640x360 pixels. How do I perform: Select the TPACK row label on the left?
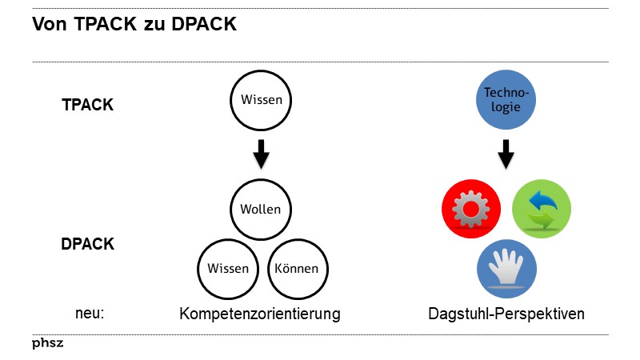point(88,105)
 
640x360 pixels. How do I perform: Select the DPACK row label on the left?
point(88,245)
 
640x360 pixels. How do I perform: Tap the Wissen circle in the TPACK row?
point(262,101)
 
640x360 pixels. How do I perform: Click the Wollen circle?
point(261,210)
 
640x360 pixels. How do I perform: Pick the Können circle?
point(296,268)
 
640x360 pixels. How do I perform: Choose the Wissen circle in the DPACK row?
point(228,268)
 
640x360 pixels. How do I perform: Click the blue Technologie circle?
point(506,102)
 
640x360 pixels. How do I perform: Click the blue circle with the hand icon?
point(506,270)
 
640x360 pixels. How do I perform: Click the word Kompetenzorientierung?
point(260,314)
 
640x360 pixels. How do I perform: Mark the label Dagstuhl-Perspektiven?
point(506,314)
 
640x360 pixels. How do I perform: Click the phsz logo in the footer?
point(48,343)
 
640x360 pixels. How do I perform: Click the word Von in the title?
point(50,25)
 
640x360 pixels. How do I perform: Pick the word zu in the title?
point(153,25)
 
